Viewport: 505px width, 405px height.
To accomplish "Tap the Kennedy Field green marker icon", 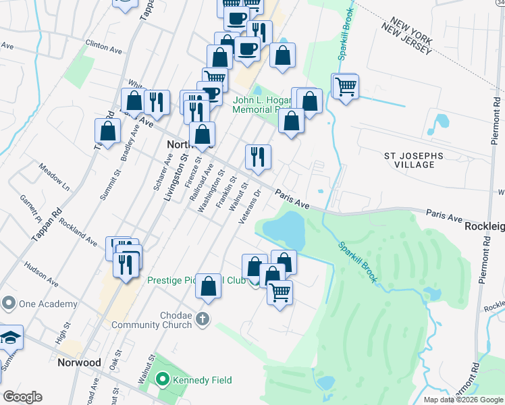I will (x=162, y=380).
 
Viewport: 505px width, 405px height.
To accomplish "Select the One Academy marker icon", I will (x=9, y=304).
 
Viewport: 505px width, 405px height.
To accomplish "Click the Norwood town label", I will (x=79, y=362).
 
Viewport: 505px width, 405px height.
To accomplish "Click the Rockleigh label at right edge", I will (x=485, y=227).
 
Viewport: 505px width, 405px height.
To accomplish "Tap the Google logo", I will (x=22, y=397).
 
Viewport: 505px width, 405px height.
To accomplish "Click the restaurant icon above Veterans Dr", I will (x=257, y=158).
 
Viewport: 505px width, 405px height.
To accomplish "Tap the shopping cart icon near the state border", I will (x=346, y=86).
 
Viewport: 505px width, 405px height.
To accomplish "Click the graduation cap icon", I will (x=10, y=337).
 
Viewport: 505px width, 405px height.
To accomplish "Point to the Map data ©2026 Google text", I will (x=463, y=400).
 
